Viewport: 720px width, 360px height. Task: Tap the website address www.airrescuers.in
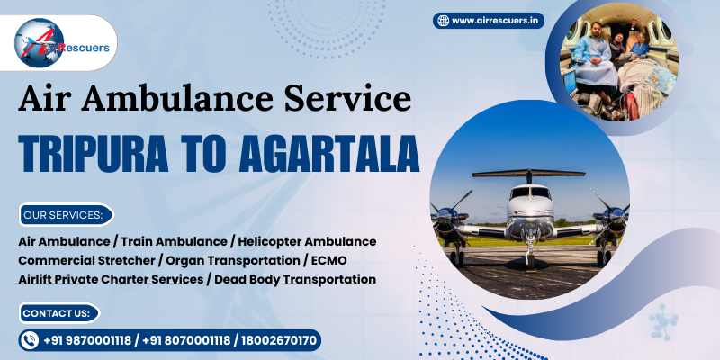[497, 20]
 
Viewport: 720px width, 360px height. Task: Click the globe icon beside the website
[442, 20]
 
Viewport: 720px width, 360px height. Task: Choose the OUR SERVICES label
[64, 215]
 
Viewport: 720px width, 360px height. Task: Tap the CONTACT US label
[58, 312]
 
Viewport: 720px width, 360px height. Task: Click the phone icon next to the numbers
[31, 340]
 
